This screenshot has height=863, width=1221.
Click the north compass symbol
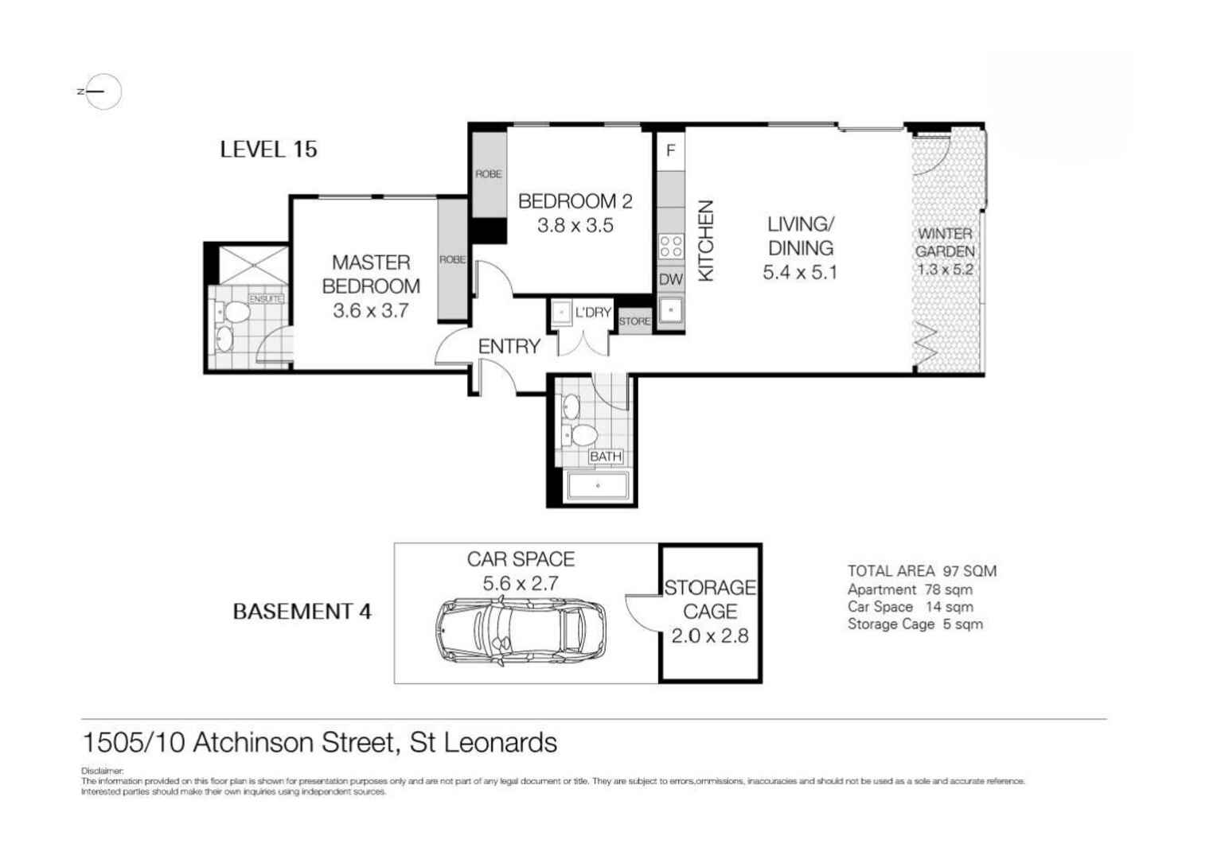point(102,91)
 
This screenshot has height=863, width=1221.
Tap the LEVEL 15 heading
point(268,149)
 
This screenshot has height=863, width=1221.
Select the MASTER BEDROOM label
point(371,274)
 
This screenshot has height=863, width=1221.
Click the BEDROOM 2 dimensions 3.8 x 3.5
point(575,226)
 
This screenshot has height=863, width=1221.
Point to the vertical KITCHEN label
point(705,240)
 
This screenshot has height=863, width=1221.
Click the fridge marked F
point(671,150)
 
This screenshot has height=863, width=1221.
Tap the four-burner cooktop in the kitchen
point(671,246)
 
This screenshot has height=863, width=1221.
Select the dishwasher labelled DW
point(671,279)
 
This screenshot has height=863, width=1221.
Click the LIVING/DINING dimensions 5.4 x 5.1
point(800,273)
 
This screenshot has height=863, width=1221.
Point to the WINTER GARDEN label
point(945,242)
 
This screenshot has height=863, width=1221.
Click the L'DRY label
point(593,313)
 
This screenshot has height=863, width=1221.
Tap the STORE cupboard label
point(634,321)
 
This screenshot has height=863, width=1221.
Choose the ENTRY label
point(509,347)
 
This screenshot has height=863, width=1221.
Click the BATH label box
point(605,457)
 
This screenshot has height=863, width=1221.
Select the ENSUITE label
point(266,299)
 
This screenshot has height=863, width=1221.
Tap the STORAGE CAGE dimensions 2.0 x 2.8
point(710,636)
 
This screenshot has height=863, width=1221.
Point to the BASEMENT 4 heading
point(302,612)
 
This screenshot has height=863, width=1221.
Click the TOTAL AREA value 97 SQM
point(969,571)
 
